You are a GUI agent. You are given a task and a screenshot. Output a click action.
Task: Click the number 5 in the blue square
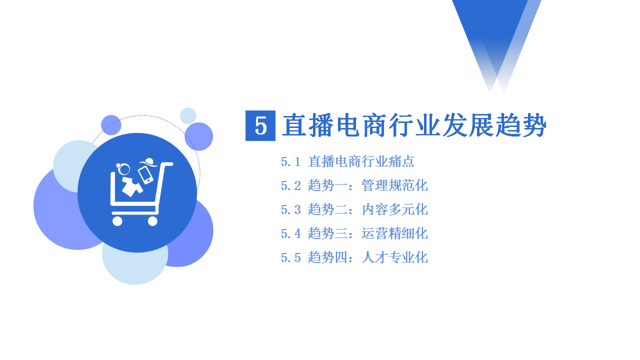point(260,125)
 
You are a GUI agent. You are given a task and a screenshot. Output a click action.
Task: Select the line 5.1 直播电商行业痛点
point(347,161)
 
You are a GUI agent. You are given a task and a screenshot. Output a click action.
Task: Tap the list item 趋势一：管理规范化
point(367,185)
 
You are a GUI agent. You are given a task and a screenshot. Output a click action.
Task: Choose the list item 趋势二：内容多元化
point(367,209)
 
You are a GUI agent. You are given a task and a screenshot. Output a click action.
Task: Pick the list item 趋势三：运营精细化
point(367,233)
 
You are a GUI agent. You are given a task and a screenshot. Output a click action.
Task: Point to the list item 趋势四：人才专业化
point(367,257)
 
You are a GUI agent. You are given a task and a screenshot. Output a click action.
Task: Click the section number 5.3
point(291,210)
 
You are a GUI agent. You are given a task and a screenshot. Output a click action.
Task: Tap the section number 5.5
point(291,258)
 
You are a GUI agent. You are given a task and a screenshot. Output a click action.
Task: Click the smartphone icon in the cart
point(145,175)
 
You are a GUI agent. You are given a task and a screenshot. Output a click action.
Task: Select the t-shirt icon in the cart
point(132,186)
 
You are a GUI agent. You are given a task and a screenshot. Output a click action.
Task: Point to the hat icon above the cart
point(148,162)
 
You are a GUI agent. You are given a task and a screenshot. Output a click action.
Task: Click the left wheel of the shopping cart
point(117,221)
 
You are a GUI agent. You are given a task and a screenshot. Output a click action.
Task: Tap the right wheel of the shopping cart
point(152,221)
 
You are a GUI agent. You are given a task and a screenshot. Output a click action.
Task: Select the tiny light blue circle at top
point(188,115)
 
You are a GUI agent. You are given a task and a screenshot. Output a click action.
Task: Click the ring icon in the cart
point(123,168)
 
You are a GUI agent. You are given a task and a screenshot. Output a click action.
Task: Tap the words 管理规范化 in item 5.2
point(394,185)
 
